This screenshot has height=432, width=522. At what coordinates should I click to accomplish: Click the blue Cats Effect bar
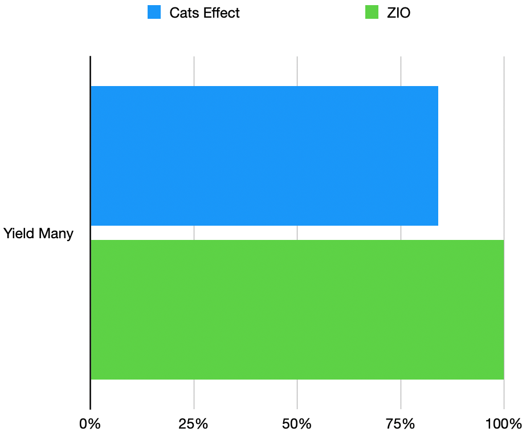point(264,156)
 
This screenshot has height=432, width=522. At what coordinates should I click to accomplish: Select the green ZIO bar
point(297,309)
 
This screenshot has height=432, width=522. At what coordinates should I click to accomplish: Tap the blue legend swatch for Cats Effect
point(154,12)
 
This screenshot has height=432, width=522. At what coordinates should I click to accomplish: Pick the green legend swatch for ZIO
point(372,12)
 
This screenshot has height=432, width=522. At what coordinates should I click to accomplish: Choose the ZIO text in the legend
point(398,13)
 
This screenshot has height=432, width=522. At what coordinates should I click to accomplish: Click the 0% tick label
point(90,424)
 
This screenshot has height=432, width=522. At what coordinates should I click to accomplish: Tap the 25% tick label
point(194,424)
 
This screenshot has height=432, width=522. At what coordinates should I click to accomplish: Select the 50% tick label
point(297,424)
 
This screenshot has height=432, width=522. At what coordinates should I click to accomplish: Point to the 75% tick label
point(401,424)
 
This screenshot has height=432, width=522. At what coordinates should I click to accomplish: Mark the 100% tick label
point(504,424)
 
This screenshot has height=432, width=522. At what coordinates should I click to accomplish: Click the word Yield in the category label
point(19,234)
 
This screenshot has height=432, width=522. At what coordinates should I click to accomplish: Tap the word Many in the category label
point(56,234)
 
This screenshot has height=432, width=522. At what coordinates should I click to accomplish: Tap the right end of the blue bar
point(437,156)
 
